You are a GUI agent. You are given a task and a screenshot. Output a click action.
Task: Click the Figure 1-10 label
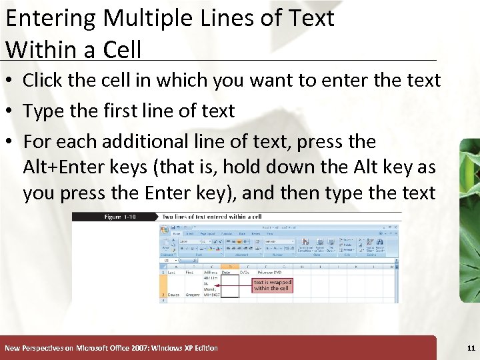tap(120, 217)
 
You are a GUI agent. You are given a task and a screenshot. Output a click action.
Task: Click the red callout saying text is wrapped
tap(272, 285)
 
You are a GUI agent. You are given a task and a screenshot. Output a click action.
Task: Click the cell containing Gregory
tap(192, 294)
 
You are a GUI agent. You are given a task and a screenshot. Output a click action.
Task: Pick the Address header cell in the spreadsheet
tap(211, 272)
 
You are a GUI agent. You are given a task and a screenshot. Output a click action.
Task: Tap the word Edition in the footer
tap(203, 348)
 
